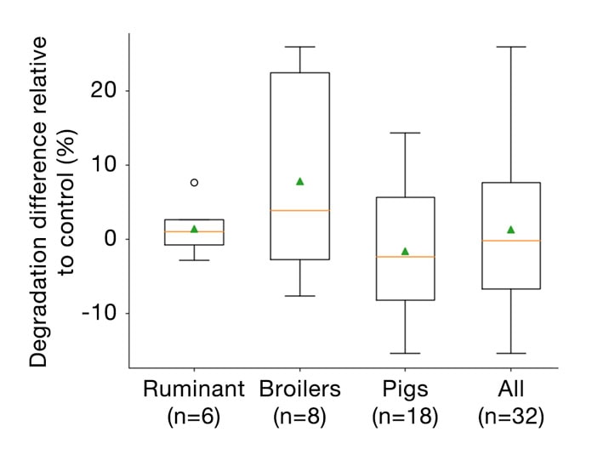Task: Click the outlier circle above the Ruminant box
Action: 194,182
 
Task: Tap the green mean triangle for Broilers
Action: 299,181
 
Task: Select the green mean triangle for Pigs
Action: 405,251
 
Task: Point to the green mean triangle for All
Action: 511,229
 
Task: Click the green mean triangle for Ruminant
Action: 194,229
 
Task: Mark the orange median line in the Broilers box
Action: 299,210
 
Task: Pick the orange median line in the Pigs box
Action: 405,257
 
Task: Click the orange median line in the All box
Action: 511,241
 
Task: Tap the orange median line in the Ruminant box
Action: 194,231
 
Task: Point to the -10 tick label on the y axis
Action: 100,313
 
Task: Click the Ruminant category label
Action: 194,390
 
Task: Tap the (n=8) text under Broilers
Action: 299,416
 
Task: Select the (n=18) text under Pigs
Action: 405,416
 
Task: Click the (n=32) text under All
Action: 511,416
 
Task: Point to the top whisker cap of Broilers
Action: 299,47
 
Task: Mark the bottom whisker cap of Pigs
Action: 405,353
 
